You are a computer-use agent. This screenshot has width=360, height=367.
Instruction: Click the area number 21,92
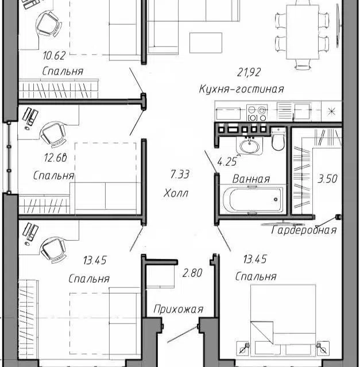[x=249, y=72]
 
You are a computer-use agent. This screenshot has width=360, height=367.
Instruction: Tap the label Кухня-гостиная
[x=241, y=89]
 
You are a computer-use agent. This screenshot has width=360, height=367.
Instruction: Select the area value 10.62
[x=54, y=56]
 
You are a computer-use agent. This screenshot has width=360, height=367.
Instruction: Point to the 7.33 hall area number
[x=180, y=174]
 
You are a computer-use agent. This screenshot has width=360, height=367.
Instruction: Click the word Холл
[x=176, y=193]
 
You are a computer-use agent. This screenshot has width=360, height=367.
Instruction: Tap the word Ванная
[x=251, y=179]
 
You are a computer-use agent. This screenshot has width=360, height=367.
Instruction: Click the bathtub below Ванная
[x=253, y=200]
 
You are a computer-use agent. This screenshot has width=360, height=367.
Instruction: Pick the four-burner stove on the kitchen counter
[x=257, y=113]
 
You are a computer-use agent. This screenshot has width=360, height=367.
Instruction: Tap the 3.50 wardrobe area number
[x=327, y=178]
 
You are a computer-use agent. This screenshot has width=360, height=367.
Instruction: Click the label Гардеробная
[x=304, y=231]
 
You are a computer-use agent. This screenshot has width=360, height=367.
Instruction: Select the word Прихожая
[x=179, y=310]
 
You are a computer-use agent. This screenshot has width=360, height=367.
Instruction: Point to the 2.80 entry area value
[x=192, y=273]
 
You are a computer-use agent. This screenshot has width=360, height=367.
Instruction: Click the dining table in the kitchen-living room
[x=303, y=32]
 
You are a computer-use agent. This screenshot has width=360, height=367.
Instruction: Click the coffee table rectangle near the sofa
[x=206, y=43]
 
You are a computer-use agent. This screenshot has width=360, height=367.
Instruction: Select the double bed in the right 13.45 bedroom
[x=283, y=320]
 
